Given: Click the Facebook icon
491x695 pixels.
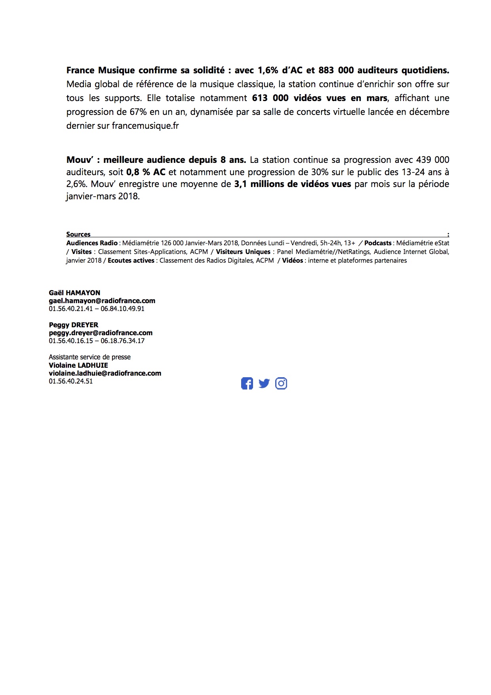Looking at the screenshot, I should [x=247, y=384].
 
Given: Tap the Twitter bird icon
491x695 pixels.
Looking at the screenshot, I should [x=264, y=384].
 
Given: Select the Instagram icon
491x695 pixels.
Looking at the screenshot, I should [x=281, y=384].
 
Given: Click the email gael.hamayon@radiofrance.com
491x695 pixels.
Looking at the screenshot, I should [x=102, y=301].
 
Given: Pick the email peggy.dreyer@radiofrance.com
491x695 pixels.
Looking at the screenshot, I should [x=101, y=333].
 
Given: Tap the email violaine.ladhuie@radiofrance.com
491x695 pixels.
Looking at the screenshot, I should [x=105, y=373].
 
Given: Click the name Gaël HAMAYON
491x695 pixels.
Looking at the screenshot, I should [x=74, y=293].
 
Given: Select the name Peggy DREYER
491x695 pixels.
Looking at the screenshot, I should [x=73, y=325].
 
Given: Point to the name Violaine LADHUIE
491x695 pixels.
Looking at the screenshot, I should [x=78, y=365].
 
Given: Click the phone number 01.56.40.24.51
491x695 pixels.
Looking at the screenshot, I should [x=71, y=381].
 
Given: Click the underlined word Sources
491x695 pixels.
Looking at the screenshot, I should [x=78, y=234].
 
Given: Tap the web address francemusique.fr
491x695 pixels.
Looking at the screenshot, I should [x=145, y=126].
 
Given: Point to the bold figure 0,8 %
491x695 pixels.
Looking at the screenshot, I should [x=139, y=172].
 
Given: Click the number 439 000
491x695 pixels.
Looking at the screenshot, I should [x=432, y=160].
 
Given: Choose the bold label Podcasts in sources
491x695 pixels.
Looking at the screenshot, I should [x=377, y=243].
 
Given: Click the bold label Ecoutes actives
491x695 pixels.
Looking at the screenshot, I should [x=131, y=260].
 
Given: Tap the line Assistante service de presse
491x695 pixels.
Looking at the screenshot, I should [x=89, y=357].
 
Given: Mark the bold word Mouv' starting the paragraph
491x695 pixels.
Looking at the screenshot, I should [x=80, y=160].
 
